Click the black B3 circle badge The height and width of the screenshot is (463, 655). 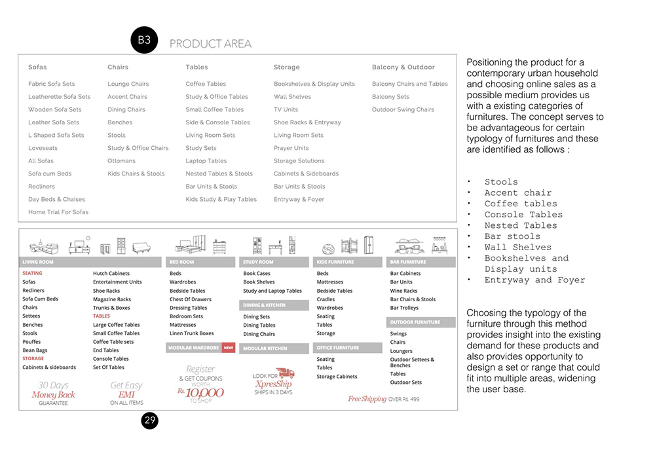(144, 41)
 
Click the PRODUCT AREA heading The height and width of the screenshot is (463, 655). (210, 44)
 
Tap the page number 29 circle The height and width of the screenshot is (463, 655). (150, 420)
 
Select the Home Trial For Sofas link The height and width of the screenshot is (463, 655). (58, 212)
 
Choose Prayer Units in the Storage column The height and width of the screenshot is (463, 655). (291, 148)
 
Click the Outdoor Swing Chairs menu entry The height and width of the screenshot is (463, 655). (403, 109)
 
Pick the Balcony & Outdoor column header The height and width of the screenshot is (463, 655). (403, 67)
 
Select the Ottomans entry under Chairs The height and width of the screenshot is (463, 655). (121, 160)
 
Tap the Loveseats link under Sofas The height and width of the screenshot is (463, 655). (43, 148)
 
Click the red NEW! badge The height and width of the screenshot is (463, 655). (229, 348)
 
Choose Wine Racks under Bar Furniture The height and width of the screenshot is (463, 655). (403, 291)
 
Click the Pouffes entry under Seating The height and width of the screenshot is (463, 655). (31, 342)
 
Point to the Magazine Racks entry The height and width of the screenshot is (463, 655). (112, 299)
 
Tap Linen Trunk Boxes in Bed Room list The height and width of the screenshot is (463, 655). (192, 333)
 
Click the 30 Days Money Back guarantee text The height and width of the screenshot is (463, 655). (53, 394)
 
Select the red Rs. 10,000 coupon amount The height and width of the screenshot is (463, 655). (200, 392)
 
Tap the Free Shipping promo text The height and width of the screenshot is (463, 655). (367, 399)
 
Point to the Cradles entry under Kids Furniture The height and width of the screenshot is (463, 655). (326, 299)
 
